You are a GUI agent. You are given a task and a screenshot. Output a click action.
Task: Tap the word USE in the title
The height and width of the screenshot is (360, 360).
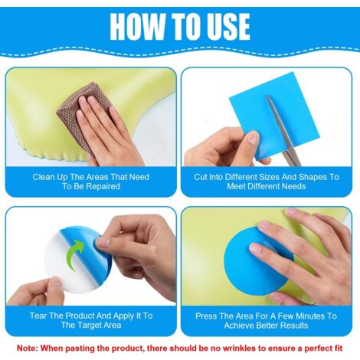[228, 26]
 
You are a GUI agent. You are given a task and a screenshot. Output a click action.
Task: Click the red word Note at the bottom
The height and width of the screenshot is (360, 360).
[28, 348]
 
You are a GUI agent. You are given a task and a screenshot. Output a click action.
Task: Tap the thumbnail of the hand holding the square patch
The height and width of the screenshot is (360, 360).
[254, 138]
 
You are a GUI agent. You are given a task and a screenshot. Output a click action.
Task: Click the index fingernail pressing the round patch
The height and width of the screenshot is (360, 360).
[254, 247]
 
